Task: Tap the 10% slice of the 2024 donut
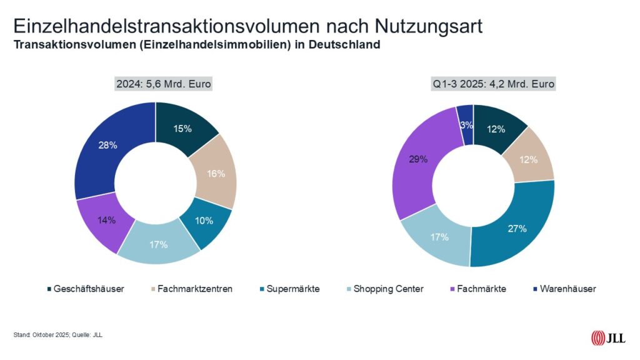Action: coord(204,221)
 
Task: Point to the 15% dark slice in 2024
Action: coord(183,129)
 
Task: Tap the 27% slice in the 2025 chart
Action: coord(516,228)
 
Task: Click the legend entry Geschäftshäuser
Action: coord(86,289)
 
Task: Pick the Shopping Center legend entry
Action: coord(388,289)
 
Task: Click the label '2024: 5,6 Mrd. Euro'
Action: coord(155,83)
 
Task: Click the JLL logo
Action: coord(608,338)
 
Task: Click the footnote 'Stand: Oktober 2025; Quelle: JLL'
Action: coord(57,336)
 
